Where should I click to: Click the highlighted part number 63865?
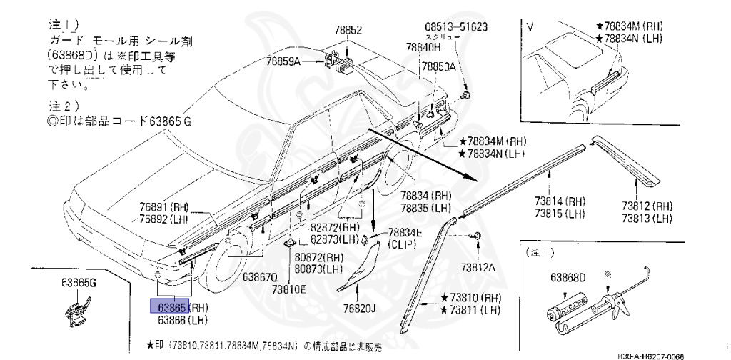(168, 307)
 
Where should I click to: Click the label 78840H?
(424, 47)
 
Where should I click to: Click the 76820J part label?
(361, 309)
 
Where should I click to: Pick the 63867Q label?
(260, 276)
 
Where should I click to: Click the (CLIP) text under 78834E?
(405, 244)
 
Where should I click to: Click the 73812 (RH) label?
(646, 205)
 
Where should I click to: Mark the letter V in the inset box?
(529, 27)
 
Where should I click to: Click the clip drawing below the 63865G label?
(75, 311)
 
